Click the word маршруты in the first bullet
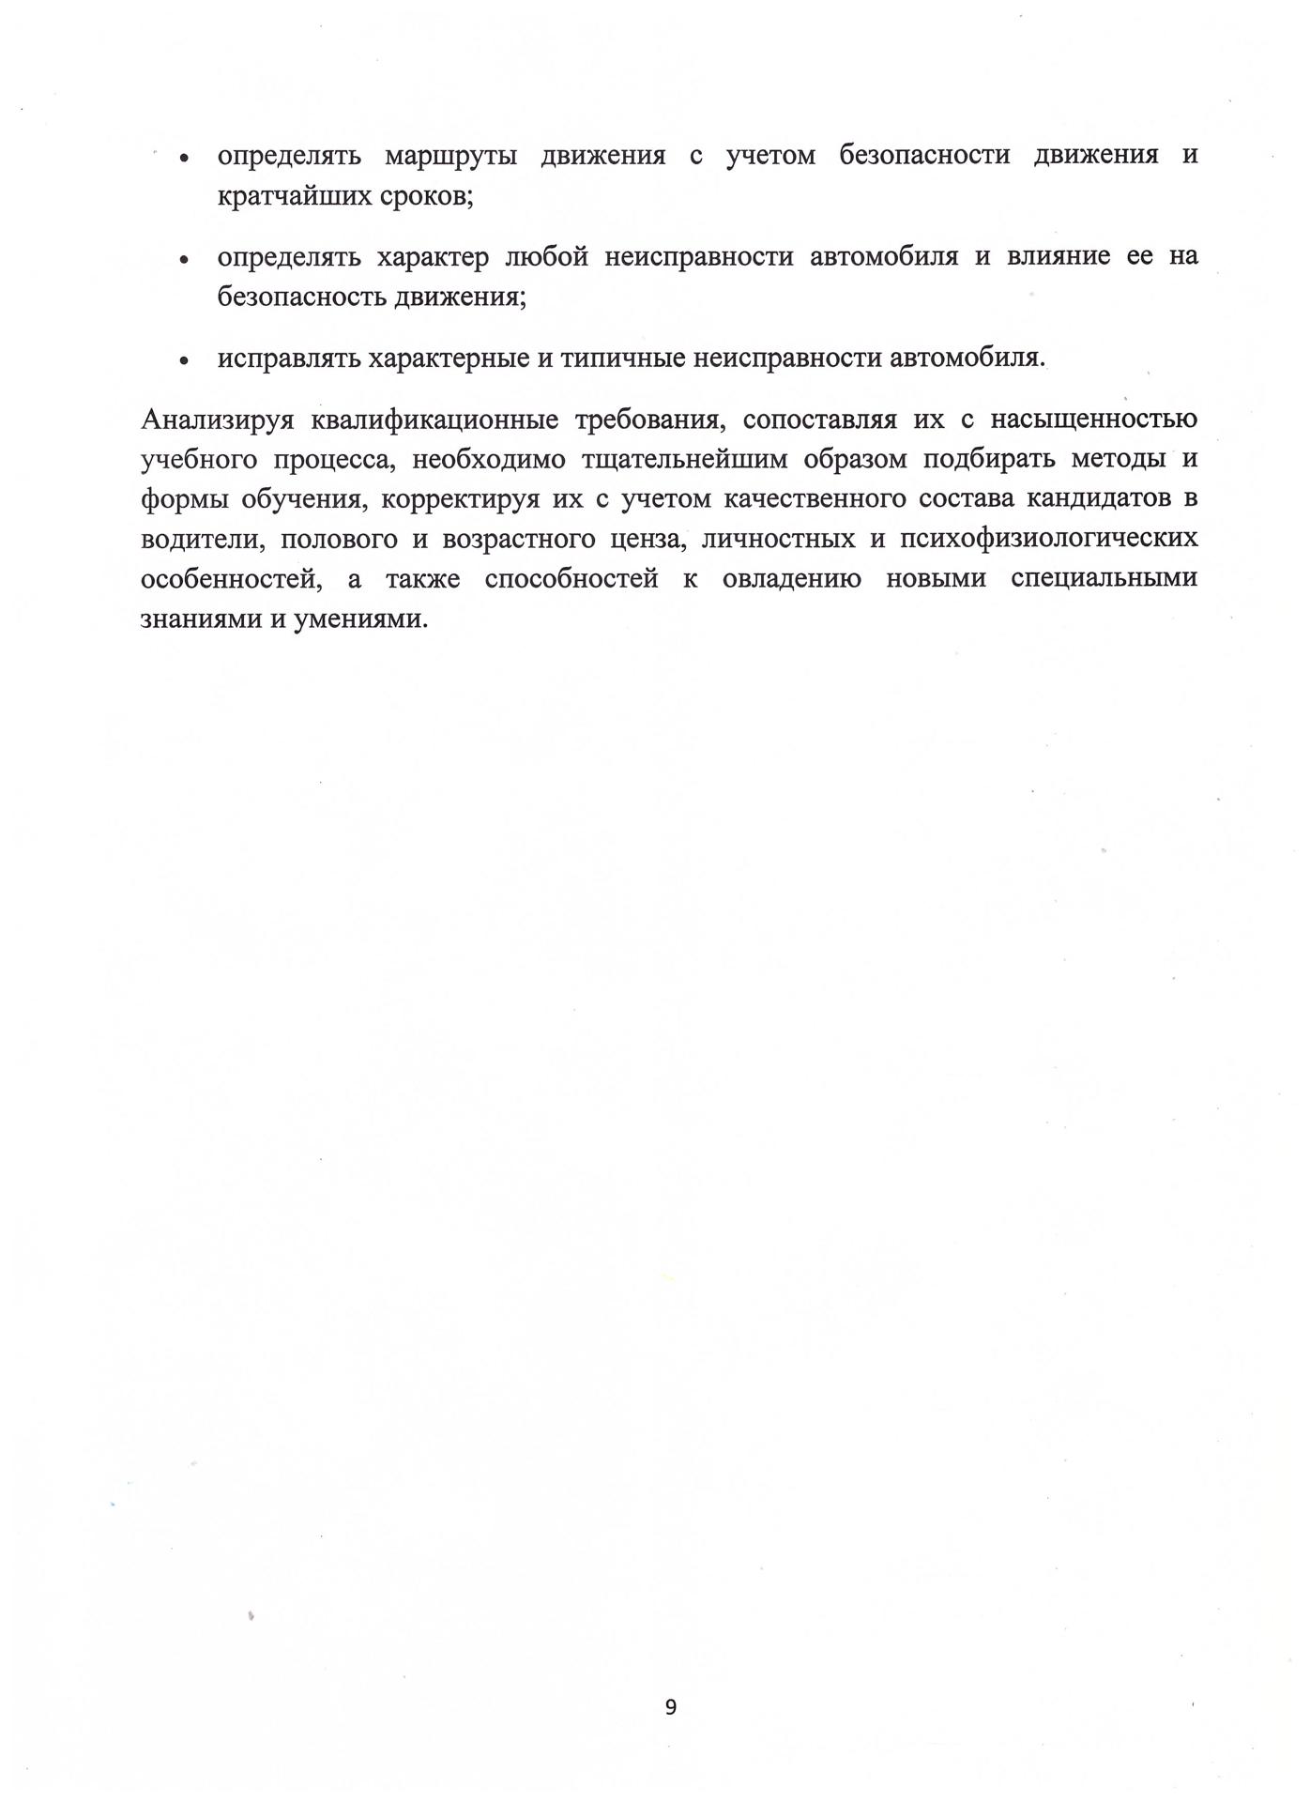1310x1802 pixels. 450,156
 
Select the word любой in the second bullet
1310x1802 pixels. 546,256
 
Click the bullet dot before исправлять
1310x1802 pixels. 185,359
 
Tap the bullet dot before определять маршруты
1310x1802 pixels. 185,158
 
